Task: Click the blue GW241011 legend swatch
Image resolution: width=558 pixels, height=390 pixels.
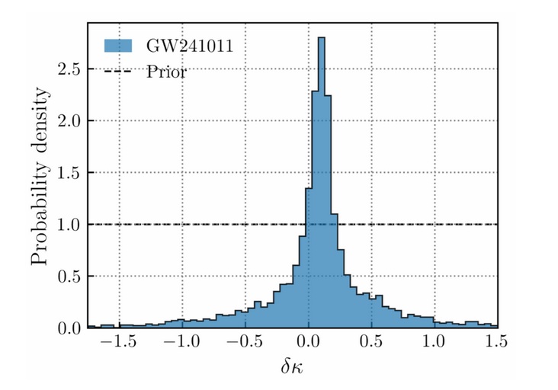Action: tap(119, 46)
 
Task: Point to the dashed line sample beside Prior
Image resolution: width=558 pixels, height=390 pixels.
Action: tap(119, 72)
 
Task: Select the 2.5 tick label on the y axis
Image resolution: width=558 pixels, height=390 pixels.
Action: tap(70, 69)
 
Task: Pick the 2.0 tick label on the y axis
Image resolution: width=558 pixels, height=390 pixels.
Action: tap(70, 121)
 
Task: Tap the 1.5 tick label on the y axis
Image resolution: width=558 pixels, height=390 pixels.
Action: tap(70, 173)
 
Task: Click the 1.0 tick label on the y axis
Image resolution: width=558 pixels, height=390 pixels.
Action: tap(70, 225)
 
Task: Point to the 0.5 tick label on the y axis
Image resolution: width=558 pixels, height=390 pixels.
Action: tap(70, 277)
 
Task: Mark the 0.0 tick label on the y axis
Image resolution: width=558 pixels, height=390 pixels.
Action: tap(70, 328)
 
